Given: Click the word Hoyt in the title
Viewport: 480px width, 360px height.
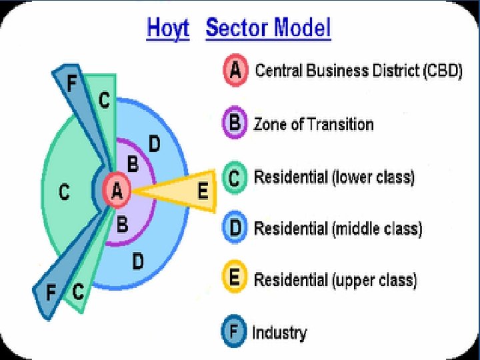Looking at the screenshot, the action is click(168, 29).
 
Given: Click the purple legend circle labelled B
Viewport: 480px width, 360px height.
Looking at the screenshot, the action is click(235, 124).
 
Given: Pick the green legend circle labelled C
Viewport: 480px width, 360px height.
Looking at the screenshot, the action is click(235, 178).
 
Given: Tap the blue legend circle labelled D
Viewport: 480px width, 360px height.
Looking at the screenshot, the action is click(235, 229).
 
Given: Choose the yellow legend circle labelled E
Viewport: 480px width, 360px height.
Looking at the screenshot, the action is click(235, 279).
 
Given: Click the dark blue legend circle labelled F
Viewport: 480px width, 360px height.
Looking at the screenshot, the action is click(235, 331).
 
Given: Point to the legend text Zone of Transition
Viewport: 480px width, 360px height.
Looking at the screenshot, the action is click(313, 125).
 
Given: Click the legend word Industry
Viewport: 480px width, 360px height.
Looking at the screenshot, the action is click(279, 332).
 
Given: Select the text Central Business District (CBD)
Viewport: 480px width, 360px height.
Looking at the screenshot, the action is click(359, 71).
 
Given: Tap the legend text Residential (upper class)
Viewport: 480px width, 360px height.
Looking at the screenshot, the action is click(335, 279).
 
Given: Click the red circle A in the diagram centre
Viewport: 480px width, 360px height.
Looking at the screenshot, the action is click(117, 192).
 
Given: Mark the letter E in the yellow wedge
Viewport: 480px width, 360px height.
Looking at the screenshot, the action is click(203, 192).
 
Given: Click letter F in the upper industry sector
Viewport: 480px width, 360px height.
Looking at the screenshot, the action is click(72, 83).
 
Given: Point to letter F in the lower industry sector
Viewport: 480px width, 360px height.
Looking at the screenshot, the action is click(50, 293).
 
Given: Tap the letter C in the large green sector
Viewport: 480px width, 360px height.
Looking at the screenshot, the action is click(64, 193).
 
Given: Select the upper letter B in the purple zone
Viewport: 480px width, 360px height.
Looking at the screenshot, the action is click(133, 163).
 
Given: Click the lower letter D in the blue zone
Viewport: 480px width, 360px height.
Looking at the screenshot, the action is click(137, 261).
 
